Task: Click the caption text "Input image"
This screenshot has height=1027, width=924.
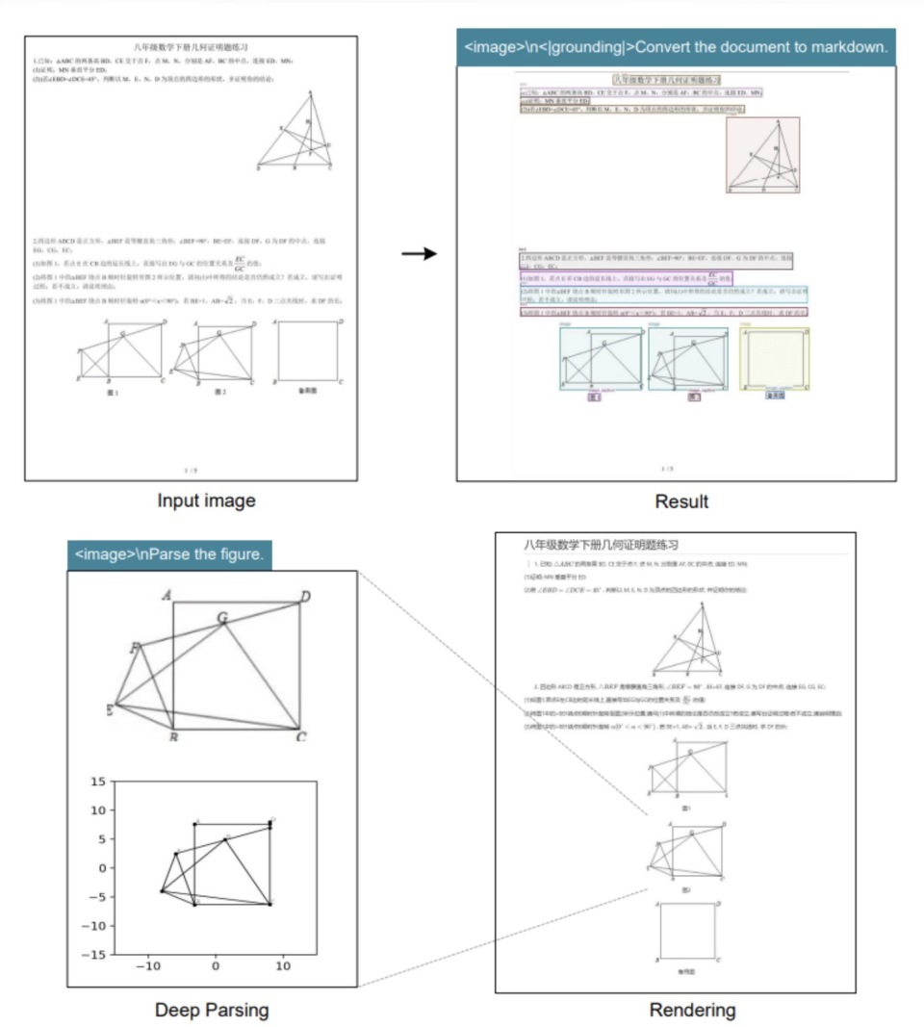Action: click(x=207, y=501)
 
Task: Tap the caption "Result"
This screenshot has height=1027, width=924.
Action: click(x=681, y=501)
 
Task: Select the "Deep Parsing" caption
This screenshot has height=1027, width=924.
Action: click(x=212, y=1010)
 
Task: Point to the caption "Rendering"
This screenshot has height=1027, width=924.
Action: click(x=692, y=1010)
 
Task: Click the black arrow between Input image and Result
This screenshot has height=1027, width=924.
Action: click(x=419, y=254)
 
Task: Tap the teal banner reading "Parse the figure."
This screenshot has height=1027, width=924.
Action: click(x=169, y=555)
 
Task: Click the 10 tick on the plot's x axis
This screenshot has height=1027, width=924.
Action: click(x=283, y=966)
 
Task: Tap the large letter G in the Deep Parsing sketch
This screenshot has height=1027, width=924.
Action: click(x=222, y=617)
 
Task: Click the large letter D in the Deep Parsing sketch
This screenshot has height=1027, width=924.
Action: click(x=305, y=598)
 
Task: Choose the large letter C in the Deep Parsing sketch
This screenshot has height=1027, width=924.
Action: click(x=301, y=737)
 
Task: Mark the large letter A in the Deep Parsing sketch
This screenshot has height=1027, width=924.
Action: click(x=167, y=596)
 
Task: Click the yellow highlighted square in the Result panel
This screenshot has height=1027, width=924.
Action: click(x=776, y=358)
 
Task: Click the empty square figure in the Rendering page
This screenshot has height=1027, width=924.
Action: click(x=688, y=931)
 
